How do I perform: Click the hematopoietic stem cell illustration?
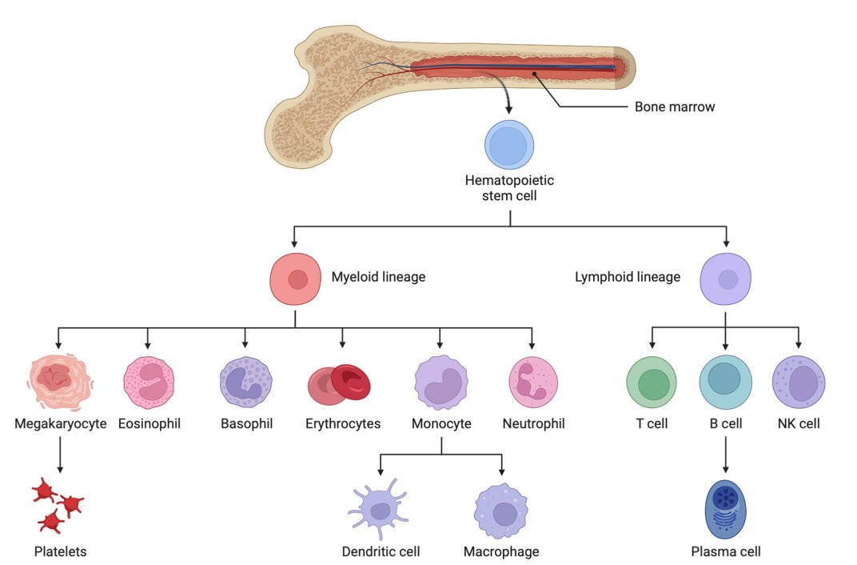509,145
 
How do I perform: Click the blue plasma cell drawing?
725,509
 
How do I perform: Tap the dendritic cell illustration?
379,509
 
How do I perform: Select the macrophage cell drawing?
501,511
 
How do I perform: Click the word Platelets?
60,551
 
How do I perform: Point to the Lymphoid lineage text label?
628,278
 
